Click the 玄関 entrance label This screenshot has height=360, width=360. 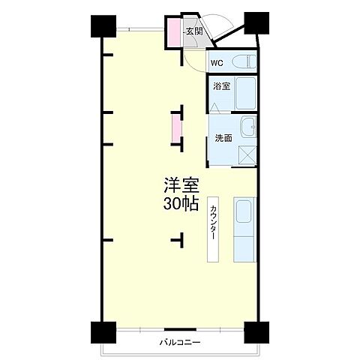coord(194,31)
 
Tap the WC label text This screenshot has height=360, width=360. coord(217,63)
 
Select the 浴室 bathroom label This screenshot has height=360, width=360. coord(220,87)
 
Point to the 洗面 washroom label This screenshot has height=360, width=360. coord(223,138)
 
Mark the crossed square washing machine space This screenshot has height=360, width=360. coord(247,156)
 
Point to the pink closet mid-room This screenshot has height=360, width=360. coord(177,127)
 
